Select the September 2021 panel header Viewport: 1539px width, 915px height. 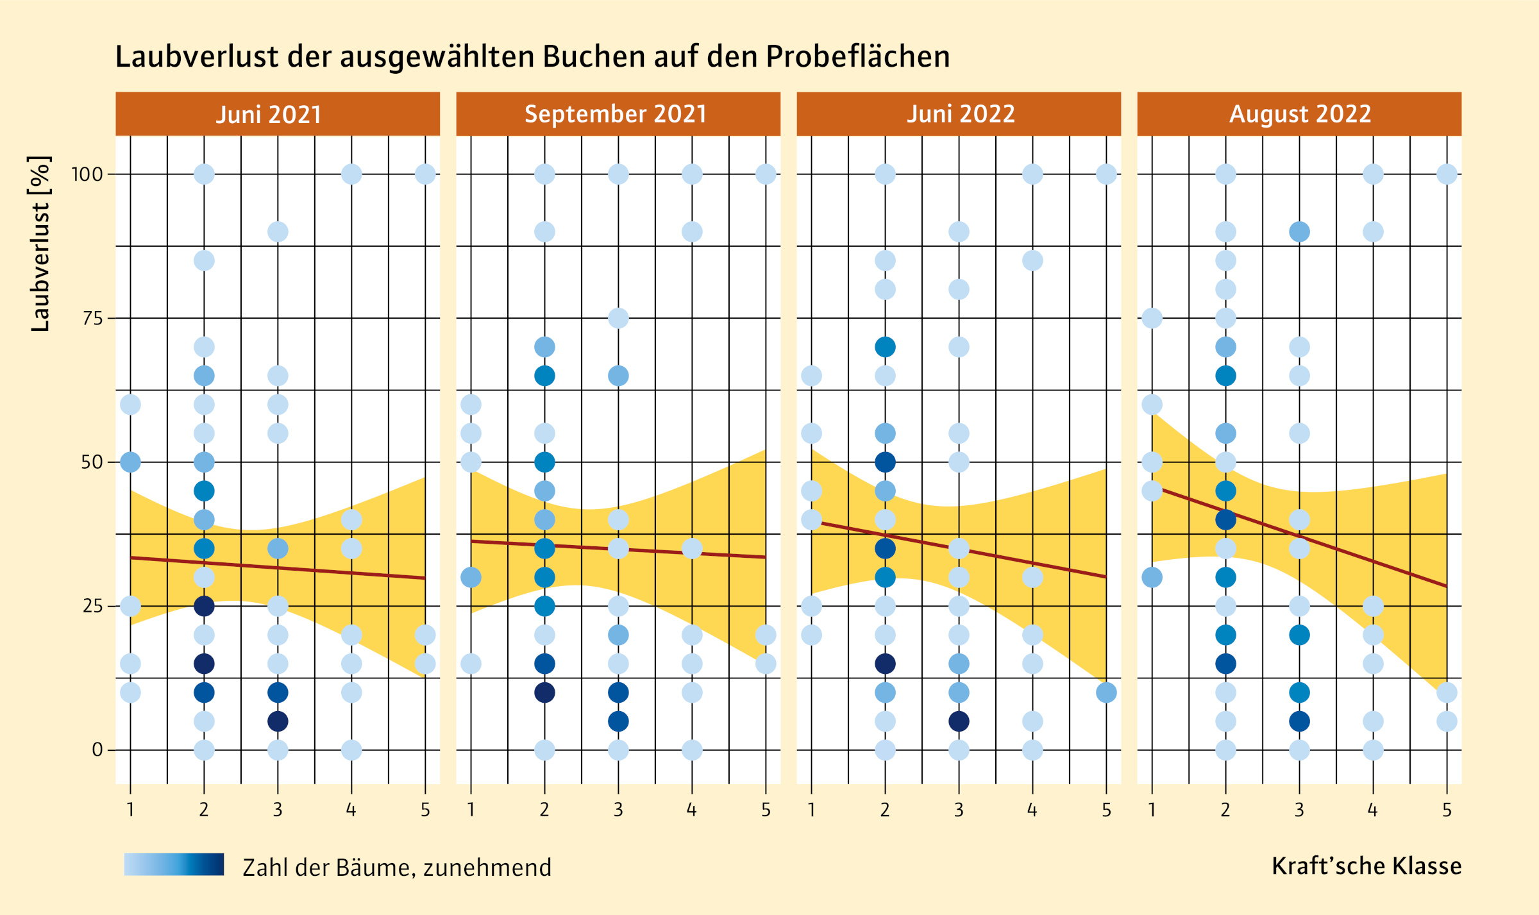tap(616, 114)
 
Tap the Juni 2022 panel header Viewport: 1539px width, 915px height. tap(961, 114)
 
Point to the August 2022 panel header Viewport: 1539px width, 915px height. tap(1300, 114)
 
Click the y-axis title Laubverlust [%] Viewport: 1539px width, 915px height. tap(40, 244)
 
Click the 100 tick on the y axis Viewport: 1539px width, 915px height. tap(87, 174)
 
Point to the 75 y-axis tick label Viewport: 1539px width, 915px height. tap(92, 318)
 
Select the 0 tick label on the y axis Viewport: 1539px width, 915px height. tap(97, 750)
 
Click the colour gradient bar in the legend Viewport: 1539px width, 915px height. tap(174, 864)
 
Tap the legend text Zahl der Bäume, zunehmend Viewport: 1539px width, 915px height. tap(397, 868)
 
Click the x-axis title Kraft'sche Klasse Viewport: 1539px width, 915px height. tap(1367, 866)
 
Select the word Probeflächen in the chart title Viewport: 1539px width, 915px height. tap(858, 56)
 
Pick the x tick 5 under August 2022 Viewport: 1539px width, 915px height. tap(1447, 810)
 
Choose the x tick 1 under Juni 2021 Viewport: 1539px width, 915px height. tap(130, 810)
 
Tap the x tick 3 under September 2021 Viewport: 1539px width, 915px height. tap(618, 810)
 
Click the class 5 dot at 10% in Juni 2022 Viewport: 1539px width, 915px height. tap(1106, 693)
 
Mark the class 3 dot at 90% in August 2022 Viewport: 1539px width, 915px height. tap(1299, 231)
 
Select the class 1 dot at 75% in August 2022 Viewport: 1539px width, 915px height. tap(1152, 318)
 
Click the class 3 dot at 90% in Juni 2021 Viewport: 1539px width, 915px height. tap(278, 231)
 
